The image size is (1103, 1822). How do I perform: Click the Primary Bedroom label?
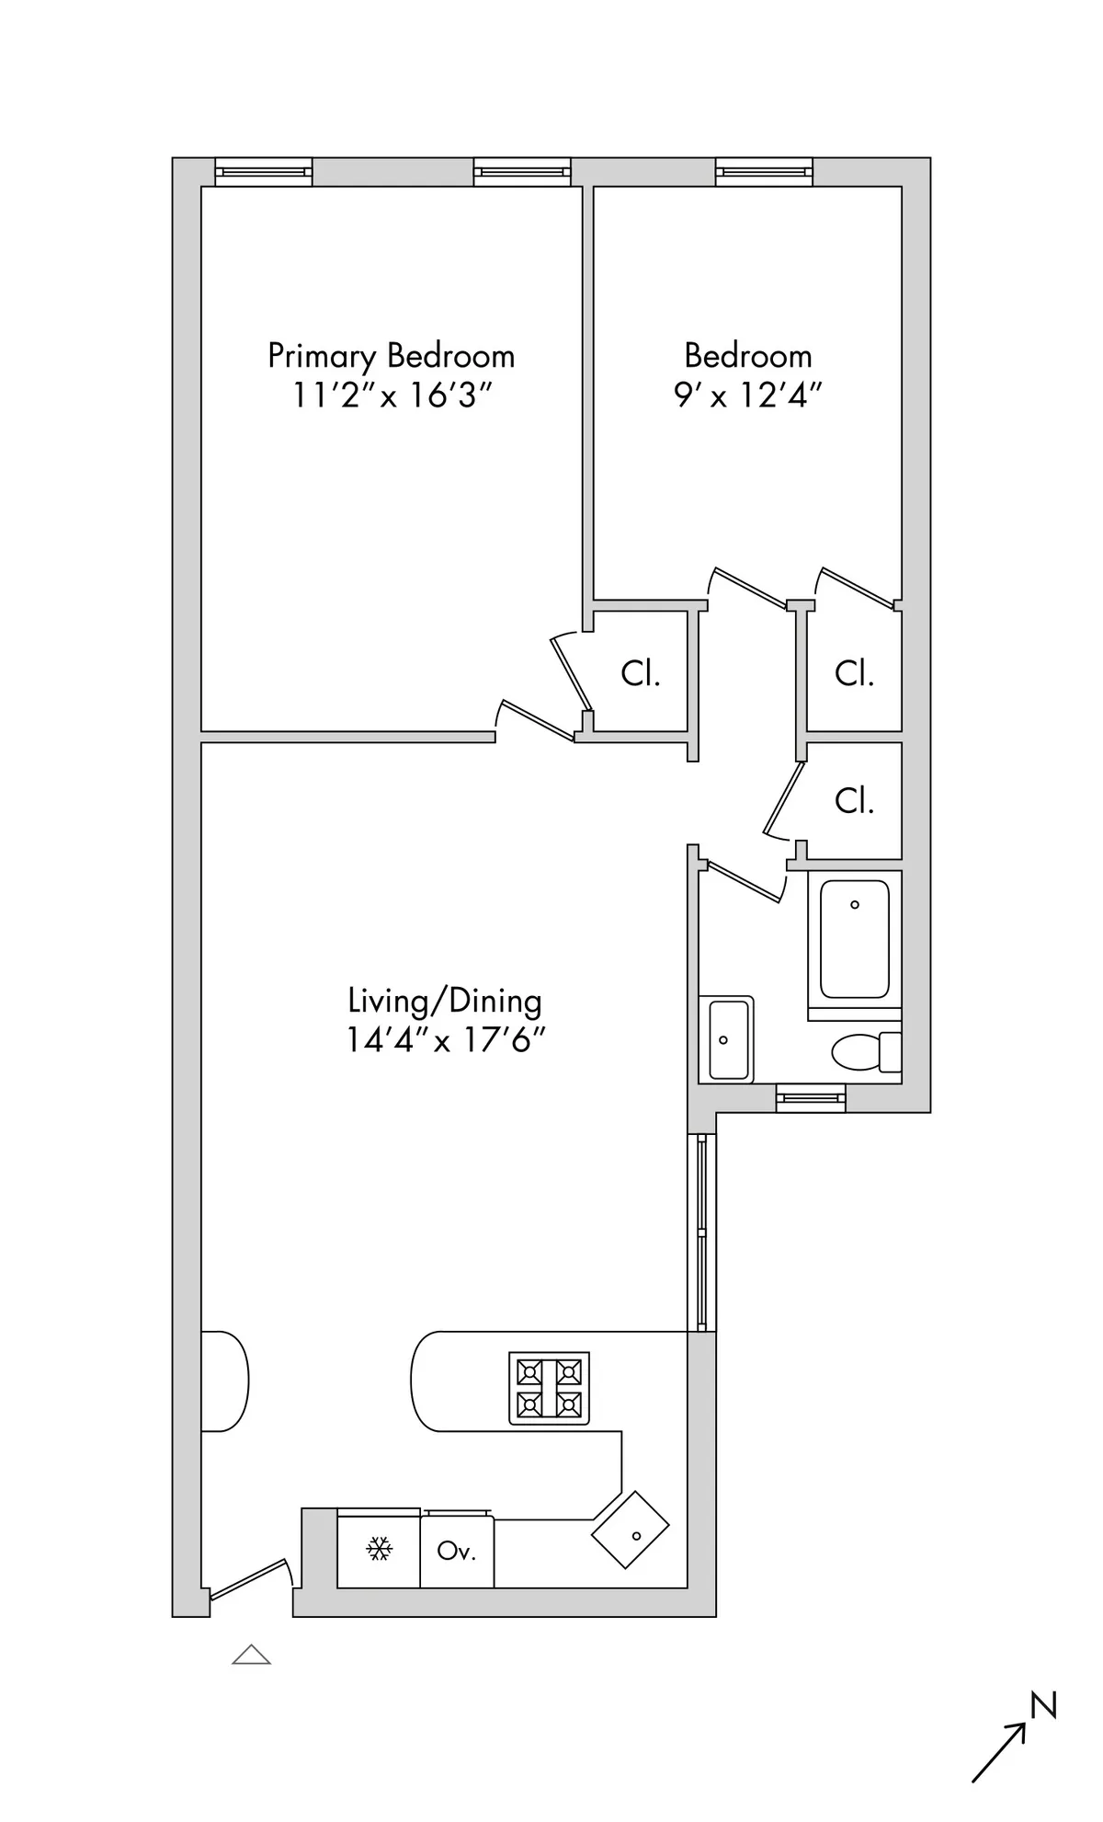[391, 356]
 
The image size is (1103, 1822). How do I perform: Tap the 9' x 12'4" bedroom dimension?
[747, 395]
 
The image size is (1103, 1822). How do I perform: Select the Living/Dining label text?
[444, 1001]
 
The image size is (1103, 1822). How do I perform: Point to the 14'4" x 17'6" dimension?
[446, 1040]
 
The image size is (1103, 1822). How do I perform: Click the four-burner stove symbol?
[549, 1388]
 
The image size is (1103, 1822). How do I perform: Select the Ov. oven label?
[457, 1551]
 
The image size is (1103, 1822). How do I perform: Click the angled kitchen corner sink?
[631, 1530]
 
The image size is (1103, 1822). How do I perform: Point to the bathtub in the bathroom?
[854, 939]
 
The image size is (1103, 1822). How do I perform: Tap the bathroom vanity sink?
[726, 1039]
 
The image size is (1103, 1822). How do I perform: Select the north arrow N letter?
[1043, 1705]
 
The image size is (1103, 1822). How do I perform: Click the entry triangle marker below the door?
[251, 1656]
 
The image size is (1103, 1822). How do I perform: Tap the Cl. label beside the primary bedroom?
[641, 673]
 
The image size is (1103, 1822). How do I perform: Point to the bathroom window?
[810, 1097]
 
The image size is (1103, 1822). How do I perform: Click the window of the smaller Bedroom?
[764, 171]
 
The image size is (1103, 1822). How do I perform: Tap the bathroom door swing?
[745, 879]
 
